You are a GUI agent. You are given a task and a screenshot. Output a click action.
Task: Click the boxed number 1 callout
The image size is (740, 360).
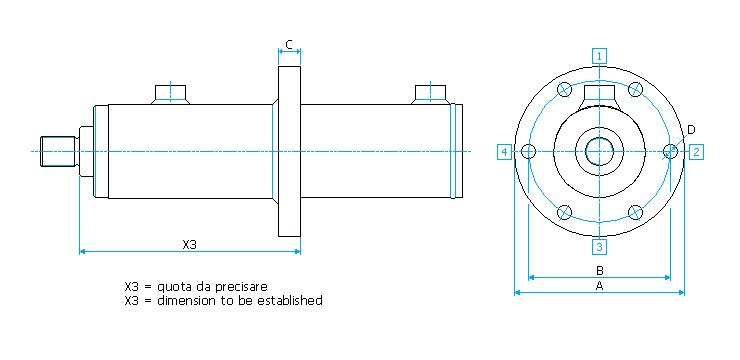(x=599, y=56)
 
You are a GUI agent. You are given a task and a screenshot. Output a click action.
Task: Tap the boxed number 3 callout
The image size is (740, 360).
(x=599, y=246)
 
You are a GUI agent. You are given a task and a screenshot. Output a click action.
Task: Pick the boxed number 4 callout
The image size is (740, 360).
(x=505, y=152)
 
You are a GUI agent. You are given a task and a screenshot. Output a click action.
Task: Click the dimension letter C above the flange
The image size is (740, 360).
(x=289, y=45)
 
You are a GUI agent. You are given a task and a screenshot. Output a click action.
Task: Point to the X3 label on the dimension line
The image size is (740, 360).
(x=189, y=244)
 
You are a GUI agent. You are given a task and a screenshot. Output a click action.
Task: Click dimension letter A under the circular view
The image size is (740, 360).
(x=599, y=285)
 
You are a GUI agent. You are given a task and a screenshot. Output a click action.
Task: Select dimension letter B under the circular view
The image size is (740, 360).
(x=599, y=271)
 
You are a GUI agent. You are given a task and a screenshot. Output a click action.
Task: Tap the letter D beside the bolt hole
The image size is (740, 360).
(x=690, y=129)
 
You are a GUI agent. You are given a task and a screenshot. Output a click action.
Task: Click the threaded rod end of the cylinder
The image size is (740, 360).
(x=59, y=151)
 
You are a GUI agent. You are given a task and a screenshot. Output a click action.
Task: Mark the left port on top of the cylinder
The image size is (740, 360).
(x=170, y=94)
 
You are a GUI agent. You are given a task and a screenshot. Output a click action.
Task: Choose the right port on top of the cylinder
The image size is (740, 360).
(x=430, y=94)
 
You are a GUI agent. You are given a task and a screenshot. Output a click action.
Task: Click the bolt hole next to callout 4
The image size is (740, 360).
(x=528, y=151)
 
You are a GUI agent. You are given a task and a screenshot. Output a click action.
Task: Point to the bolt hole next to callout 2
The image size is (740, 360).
(x=670, y=151)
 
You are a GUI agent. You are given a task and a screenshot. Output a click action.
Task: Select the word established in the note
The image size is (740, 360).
(x=290, y=301)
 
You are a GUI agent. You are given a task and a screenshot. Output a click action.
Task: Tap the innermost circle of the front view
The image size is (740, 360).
(x=599, y=151)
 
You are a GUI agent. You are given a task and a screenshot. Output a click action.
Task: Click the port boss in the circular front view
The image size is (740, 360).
(x=599, y=97)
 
